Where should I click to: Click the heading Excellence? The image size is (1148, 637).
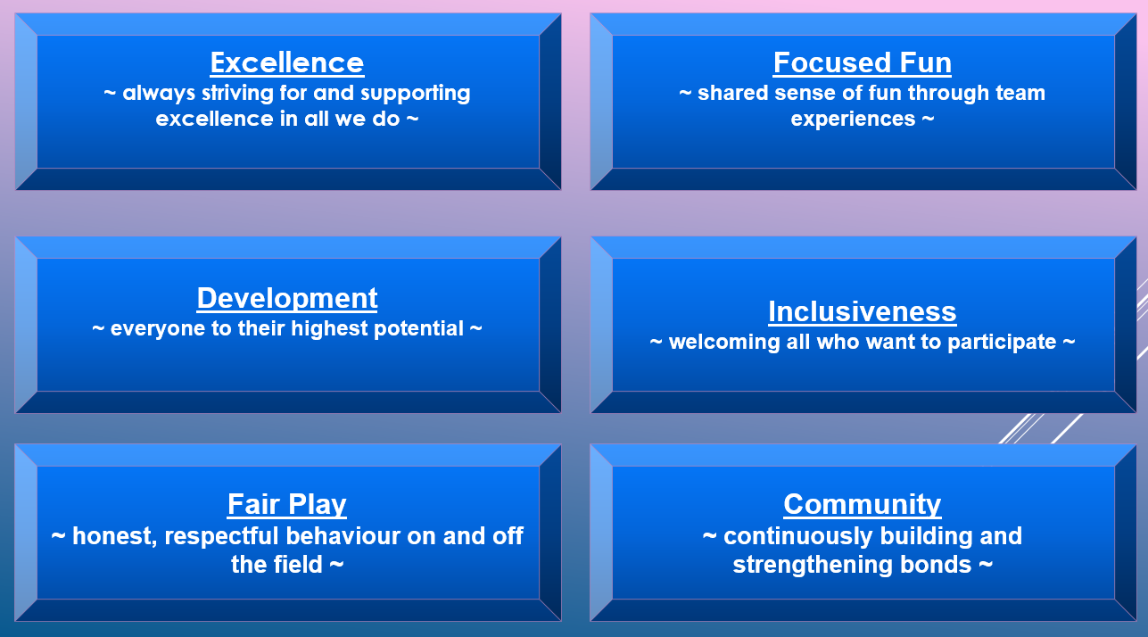pos(287,62)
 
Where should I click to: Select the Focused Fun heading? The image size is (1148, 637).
pos(862,62)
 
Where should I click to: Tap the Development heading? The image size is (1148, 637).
pos(287,298)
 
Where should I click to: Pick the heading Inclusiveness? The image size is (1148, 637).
pos(862,311)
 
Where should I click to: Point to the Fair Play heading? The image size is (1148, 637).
pos(287,505)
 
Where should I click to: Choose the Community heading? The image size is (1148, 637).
pos(862,505)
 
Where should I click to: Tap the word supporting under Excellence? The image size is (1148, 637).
pos(416,94)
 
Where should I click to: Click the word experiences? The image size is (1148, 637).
pos(853,120)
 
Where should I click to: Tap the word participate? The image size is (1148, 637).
pos(1002,343)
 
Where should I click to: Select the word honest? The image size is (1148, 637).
pos(115,536)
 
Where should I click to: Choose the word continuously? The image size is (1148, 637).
pos(798,536)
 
